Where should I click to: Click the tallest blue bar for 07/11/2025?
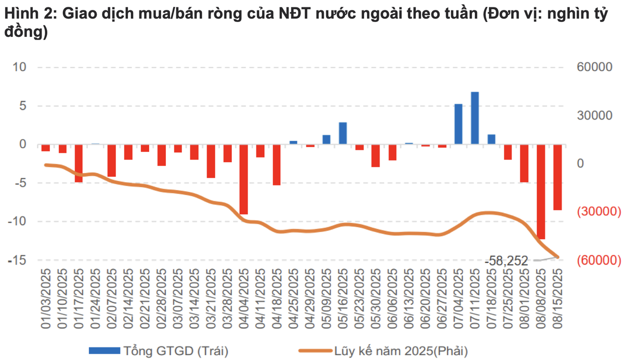click(x=475, y=118)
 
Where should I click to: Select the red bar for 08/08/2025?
click(x=541, y=191)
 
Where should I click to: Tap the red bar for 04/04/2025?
click(x=244, y=179)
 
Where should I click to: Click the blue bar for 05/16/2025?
click(x=343, y=133)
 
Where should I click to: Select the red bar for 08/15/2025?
click(x=557, y=177)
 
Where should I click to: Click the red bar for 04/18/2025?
click(x=277, y=164)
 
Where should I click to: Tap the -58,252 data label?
click(x=506, y=260)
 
